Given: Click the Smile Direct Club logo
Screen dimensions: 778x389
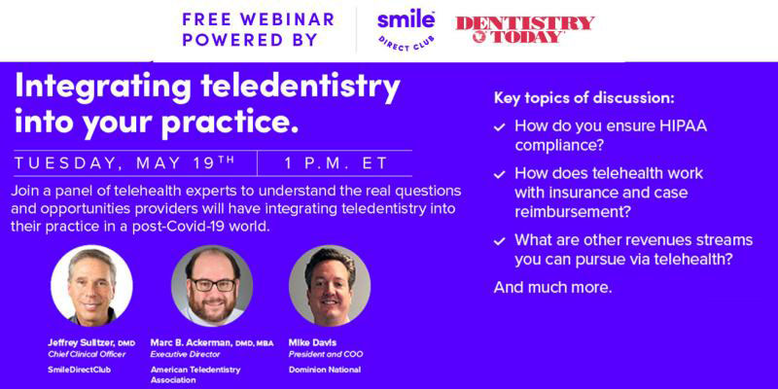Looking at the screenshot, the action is [406, 30].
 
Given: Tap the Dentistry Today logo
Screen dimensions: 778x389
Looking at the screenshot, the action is [525, 29].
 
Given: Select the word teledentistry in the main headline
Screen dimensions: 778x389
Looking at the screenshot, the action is [301, 88].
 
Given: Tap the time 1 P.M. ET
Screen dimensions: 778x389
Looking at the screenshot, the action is [336, 163].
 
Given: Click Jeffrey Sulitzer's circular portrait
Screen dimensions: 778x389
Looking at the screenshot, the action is [91, 285].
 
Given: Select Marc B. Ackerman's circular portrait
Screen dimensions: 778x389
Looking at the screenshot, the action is [212, 285].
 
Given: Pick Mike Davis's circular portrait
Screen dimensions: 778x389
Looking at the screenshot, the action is [330, 285].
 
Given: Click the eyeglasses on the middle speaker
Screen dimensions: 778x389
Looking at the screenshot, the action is [212, 284].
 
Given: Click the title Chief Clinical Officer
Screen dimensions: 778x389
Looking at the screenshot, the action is [87, 354].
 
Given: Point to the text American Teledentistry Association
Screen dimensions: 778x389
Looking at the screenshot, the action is [195, 374].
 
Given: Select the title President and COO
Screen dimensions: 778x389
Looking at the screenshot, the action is [326, 354].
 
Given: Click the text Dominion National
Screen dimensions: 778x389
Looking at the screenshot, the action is [325, 370].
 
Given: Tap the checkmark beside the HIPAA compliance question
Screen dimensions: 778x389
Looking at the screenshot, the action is [499, 127].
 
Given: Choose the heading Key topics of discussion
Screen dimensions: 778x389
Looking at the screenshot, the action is [584, 98].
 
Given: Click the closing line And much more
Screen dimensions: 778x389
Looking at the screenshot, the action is [552, 287].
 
